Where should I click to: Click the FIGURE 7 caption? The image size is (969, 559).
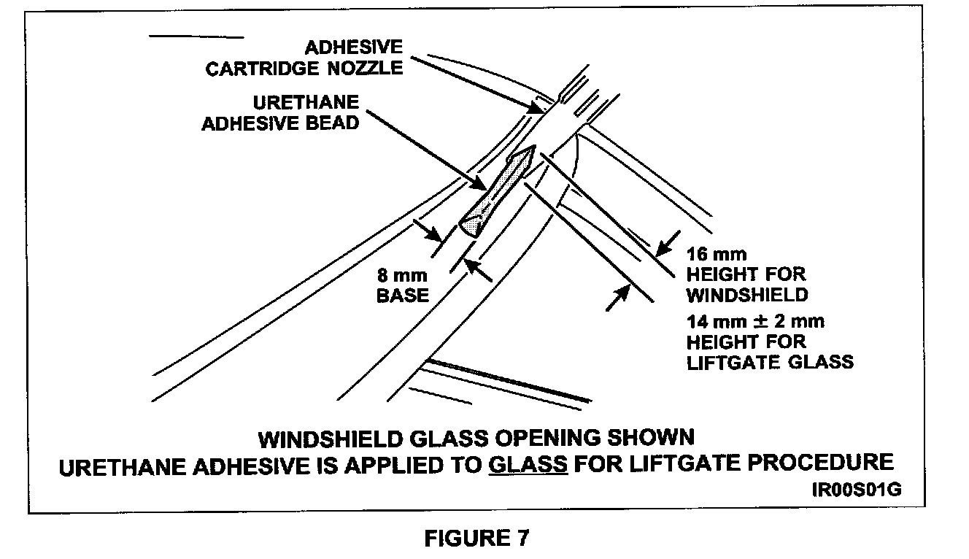pyautogui.click(x=476, y=539)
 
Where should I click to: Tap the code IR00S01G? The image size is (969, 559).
pyautogui.click(x=855, y=488)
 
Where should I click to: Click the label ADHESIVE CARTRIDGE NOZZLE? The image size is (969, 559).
pyautogui.click(x=304, y=58)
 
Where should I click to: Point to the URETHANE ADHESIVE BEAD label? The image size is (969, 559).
pyautogui.click(x=281, y=113)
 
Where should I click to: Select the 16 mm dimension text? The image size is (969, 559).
pyautogui.click(x=717, y=255)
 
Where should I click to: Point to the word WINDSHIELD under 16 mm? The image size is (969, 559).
pyautogui.click(x=747, y=295)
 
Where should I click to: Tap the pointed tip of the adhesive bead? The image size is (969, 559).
pyautogui.click(x=531, y=149)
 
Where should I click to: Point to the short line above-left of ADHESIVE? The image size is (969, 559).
pyautogui.click(x=196, y=36)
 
